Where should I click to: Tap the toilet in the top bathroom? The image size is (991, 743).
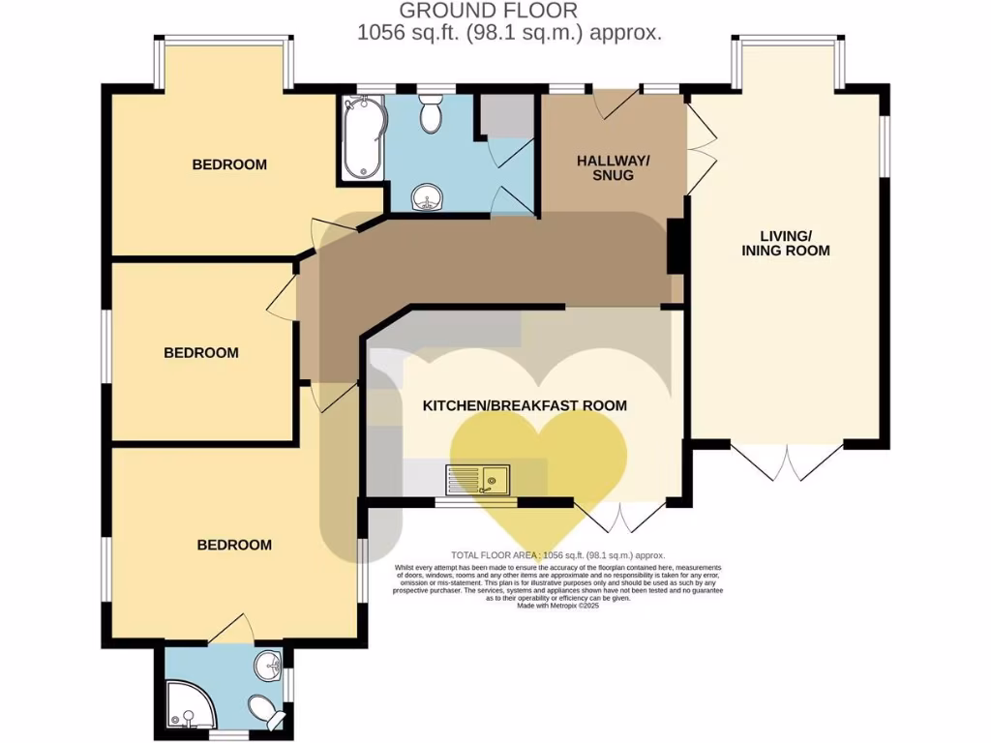tap(430, 114)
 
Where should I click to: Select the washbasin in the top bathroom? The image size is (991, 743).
tap(426, 199)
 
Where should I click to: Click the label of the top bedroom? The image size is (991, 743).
tap(229, 164)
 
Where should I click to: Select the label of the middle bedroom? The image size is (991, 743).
tap(200, 352)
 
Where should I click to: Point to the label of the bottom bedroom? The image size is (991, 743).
tap(234, 545)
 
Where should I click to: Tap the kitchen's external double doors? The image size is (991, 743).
tap(619, 518)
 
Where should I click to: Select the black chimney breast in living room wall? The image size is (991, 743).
tap(677, 246)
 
